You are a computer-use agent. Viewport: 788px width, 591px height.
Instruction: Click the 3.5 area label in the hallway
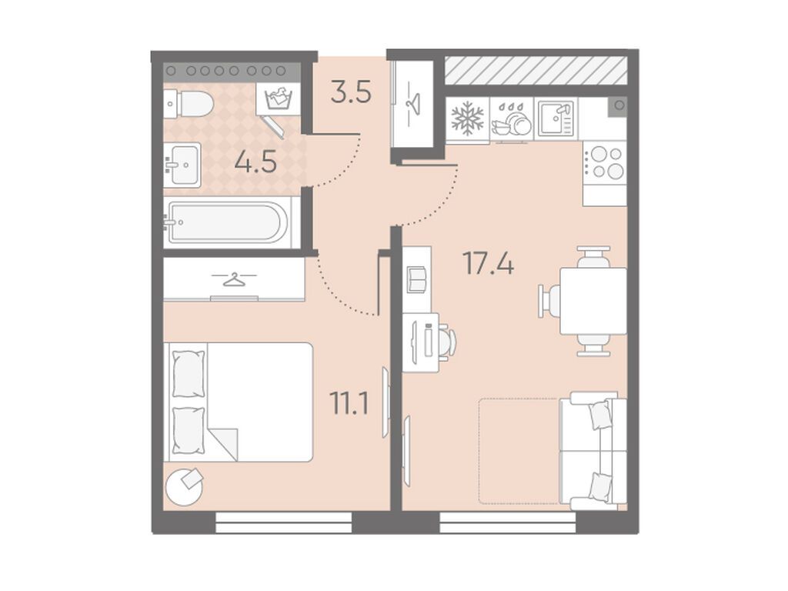pos(351,93)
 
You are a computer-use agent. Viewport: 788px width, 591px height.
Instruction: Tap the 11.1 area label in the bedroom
pos(349,403)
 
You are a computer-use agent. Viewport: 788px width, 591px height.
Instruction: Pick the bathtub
pos(228,222)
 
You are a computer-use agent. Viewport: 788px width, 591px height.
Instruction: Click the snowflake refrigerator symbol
pos(467,118)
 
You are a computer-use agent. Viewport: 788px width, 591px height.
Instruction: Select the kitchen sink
pos(556,118)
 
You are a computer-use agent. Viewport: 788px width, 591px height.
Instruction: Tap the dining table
pos(593,301)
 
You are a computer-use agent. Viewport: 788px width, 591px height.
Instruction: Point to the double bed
pos(239,402)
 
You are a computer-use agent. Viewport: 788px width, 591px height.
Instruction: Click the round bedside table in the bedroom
pos(185,486)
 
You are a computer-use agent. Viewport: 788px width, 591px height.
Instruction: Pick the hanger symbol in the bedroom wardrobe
pos(234,278)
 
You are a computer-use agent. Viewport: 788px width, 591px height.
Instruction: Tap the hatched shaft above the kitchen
pos(536,70)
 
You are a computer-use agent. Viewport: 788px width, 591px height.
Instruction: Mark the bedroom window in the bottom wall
pos(284,522)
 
